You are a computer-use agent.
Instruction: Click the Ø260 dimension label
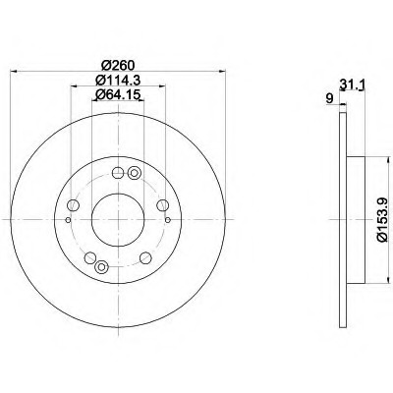[x=118, y=66]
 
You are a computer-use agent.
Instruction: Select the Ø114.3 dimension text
[x=118, y=81]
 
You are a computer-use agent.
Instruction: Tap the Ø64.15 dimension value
[x=118, y=94]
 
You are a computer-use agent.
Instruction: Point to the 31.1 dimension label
[x=353, y=84]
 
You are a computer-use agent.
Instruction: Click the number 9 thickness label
[x=330, y=98]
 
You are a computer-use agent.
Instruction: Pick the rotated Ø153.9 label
[x=383, y=220]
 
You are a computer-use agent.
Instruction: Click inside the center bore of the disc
[x=118, y=219]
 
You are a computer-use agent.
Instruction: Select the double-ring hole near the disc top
[x=134, y=173]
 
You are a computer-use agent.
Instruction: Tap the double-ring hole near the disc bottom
[x=101, y=266]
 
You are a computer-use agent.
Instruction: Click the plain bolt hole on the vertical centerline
[x=118, y=173]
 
